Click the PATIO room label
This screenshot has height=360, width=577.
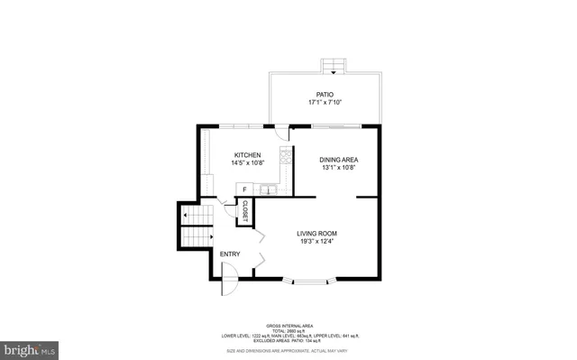pyautogui.click(x=325, y=95)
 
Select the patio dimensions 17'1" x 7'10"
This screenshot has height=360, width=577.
pyautogui.click(x=325, y=103)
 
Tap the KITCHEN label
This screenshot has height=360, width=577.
pyautogui.click(x=248, y=155)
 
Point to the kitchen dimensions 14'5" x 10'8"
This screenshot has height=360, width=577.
pyautogui.click(x=248, y=163)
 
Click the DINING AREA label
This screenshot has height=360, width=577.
pyautogui.click(x=338, y=160)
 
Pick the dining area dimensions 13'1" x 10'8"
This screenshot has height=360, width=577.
pyautogui.click(x=338, y=168)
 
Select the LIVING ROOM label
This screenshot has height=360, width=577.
pyautogui.click(x=324, y=234)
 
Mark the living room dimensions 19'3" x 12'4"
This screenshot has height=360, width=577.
pyautogui.click(x=324, y=242)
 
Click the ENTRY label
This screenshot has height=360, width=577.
pyautogui.click(x=230, y=254)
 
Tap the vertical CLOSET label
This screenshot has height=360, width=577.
pyautogui.click(x=244, y=211)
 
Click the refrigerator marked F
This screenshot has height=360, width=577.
pyautogui.click(x=243, y=189)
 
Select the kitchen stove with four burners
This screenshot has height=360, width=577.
pyautogui.click(x=287, y=154)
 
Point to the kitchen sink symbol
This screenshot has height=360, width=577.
pyautogui.click(x=267, y=189)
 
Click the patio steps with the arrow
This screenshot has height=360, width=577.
pyautogui.click(x=334, y=68)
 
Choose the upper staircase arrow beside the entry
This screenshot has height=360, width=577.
pyautogui.click(x=186, y=217)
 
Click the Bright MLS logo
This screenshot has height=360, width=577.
pyautogui.click(x=29, y=346)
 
